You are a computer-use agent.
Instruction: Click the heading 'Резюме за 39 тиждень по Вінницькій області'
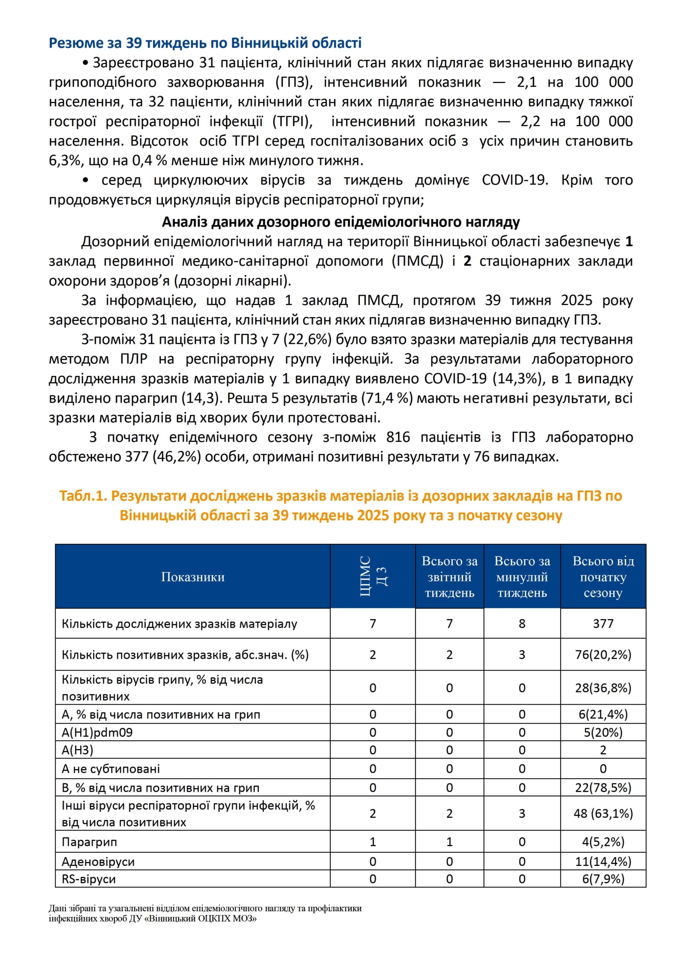[x=205, y=43]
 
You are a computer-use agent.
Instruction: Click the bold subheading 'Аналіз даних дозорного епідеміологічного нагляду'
[x=341, y=222]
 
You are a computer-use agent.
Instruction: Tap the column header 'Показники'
[x=193, y=577]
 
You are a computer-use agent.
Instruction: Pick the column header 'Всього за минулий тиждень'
[x=522, y=577]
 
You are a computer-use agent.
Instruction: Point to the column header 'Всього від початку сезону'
[x=603, y=577]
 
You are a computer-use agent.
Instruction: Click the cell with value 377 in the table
[x=603, y=623]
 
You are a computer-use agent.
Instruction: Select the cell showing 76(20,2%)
[x=603, y=655]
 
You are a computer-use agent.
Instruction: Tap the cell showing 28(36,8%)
[x=603, y=688]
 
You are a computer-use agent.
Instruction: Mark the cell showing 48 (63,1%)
[x=603, y=814]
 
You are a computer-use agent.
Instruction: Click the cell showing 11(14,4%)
[x=603, y=862]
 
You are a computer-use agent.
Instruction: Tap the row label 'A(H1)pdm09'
[x=97, y=733]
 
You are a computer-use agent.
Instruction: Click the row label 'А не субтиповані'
[x=111, y=769]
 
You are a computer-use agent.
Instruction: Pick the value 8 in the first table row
[x=522, y=623]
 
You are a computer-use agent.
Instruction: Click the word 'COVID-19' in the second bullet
[x=514, y=180]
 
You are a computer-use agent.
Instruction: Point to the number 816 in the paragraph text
[x=398, y=437]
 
